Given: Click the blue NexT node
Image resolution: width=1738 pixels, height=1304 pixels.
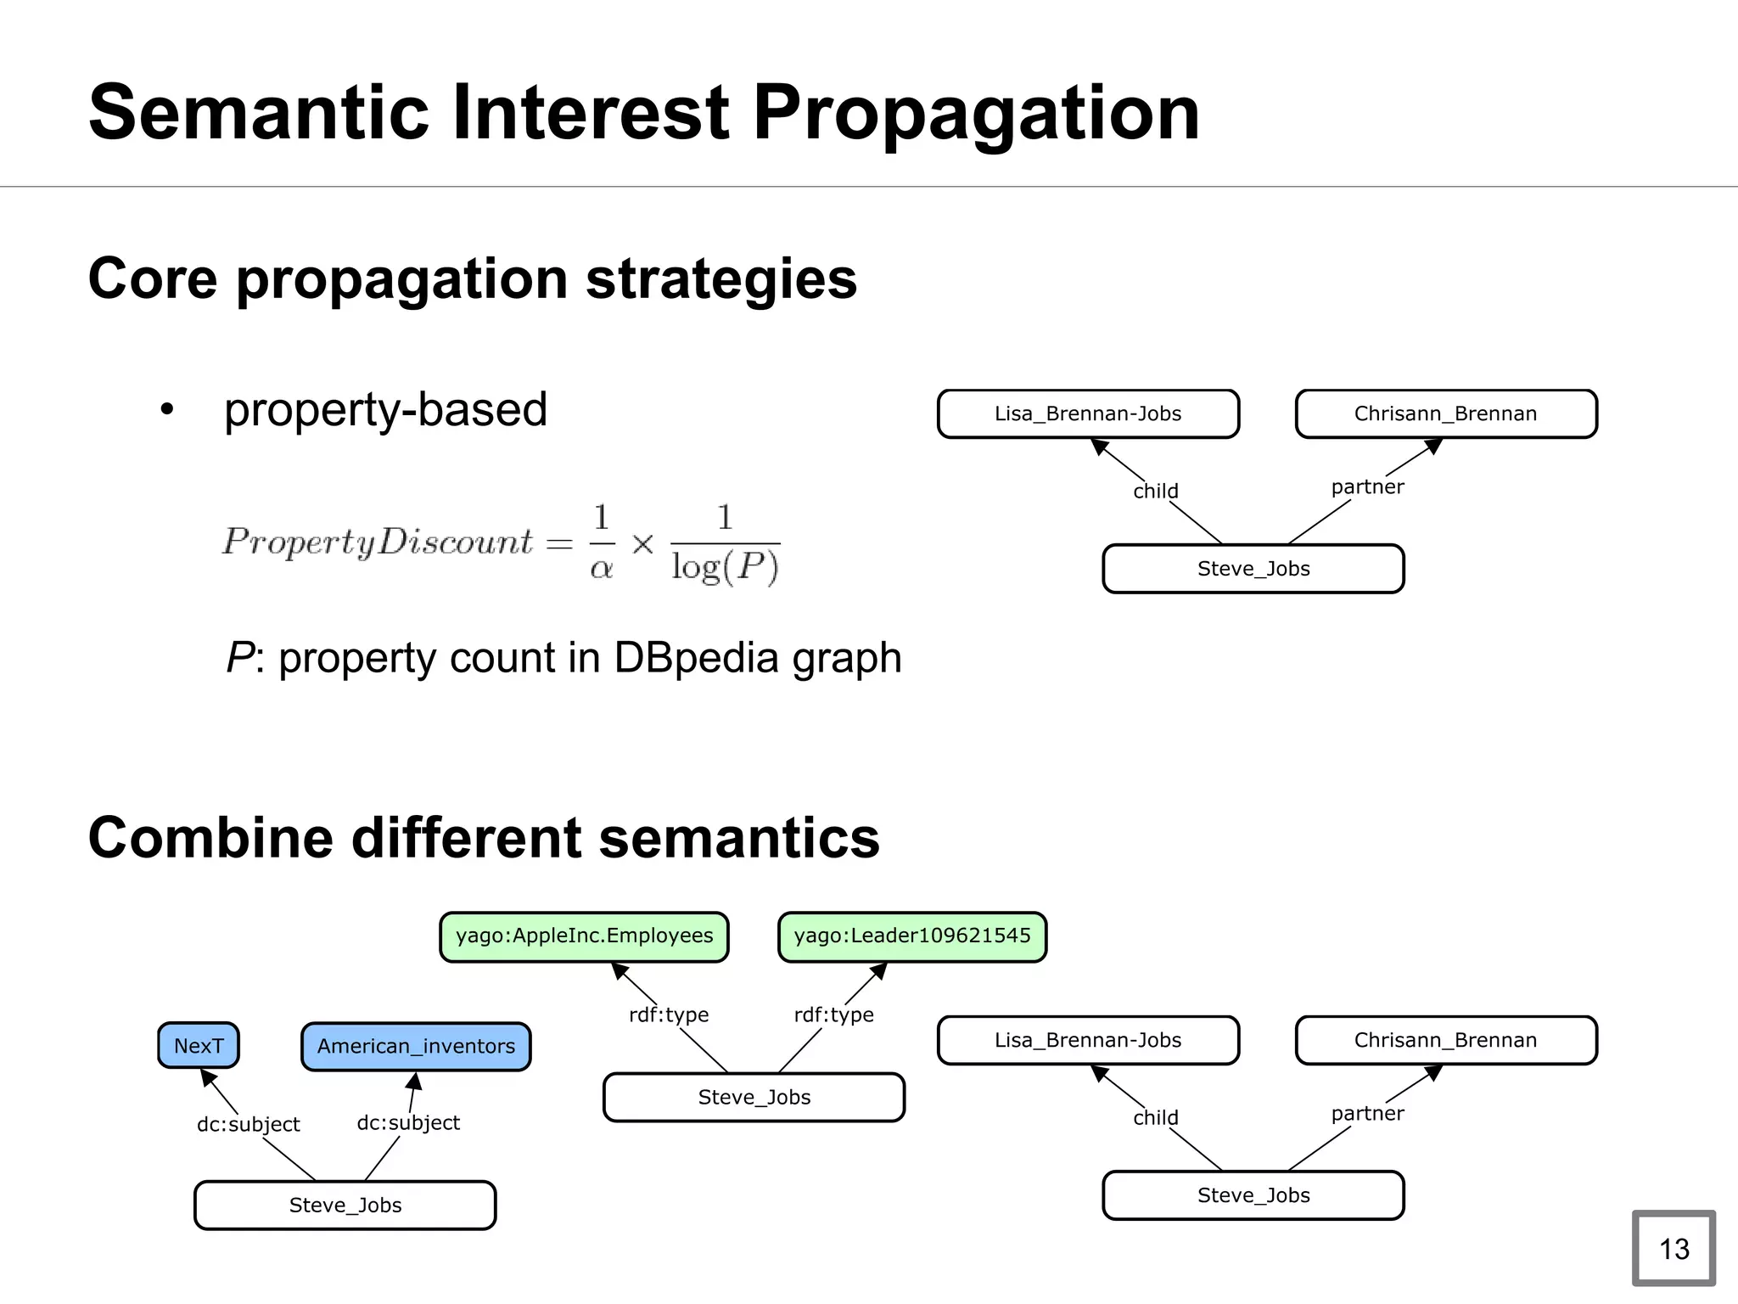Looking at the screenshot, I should (199, 1045).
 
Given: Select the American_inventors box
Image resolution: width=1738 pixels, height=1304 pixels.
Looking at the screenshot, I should (416, 1046).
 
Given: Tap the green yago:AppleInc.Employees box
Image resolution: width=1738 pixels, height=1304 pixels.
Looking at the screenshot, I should (584, 936).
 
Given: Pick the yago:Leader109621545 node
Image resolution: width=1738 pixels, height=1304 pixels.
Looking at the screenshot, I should (912, 936).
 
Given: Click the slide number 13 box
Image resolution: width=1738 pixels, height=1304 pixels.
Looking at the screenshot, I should (1674, 1248).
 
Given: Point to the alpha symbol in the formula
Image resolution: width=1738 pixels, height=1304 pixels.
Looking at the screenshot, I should (601, 568).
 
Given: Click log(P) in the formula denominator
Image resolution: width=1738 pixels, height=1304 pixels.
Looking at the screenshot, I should (725, 566).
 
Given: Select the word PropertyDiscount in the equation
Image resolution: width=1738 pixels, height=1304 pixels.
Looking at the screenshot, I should (378, 542).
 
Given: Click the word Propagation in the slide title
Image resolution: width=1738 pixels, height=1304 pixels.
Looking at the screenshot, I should (976, 112).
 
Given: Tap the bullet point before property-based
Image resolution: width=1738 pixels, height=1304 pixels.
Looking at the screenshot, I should (167, 410).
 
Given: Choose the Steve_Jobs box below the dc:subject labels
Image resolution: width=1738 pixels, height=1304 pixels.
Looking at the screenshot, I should (345, 1205).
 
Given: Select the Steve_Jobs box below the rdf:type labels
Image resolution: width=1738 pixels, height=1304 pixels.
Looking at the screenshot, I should (754, 1097).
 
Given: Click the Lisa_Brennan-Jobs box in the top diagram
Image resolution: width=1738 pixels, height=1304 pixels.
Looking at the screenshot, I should (1088, 414).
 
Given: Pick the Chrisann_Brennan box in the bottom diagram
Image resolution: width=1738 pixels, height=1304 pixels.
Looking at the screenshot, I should (1445, 1040).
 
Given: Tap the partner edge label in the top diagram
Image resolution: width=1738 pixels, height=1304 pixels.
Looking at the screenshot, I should (1367, 487).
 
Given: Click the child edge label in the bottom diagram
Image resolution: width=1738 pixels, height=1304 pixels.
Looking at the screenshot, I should (1155, 1117).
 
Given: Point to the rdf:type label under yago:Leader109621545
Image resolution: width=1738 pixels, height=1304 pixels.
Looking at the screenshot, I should (833, 1015).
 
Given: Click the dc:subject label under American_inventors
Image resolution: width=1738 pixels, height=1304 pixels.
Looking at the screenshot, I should (408, 1122).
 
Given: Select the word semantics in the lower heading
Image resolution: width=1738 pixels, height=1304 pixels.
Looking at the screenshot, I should (739, 838).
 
